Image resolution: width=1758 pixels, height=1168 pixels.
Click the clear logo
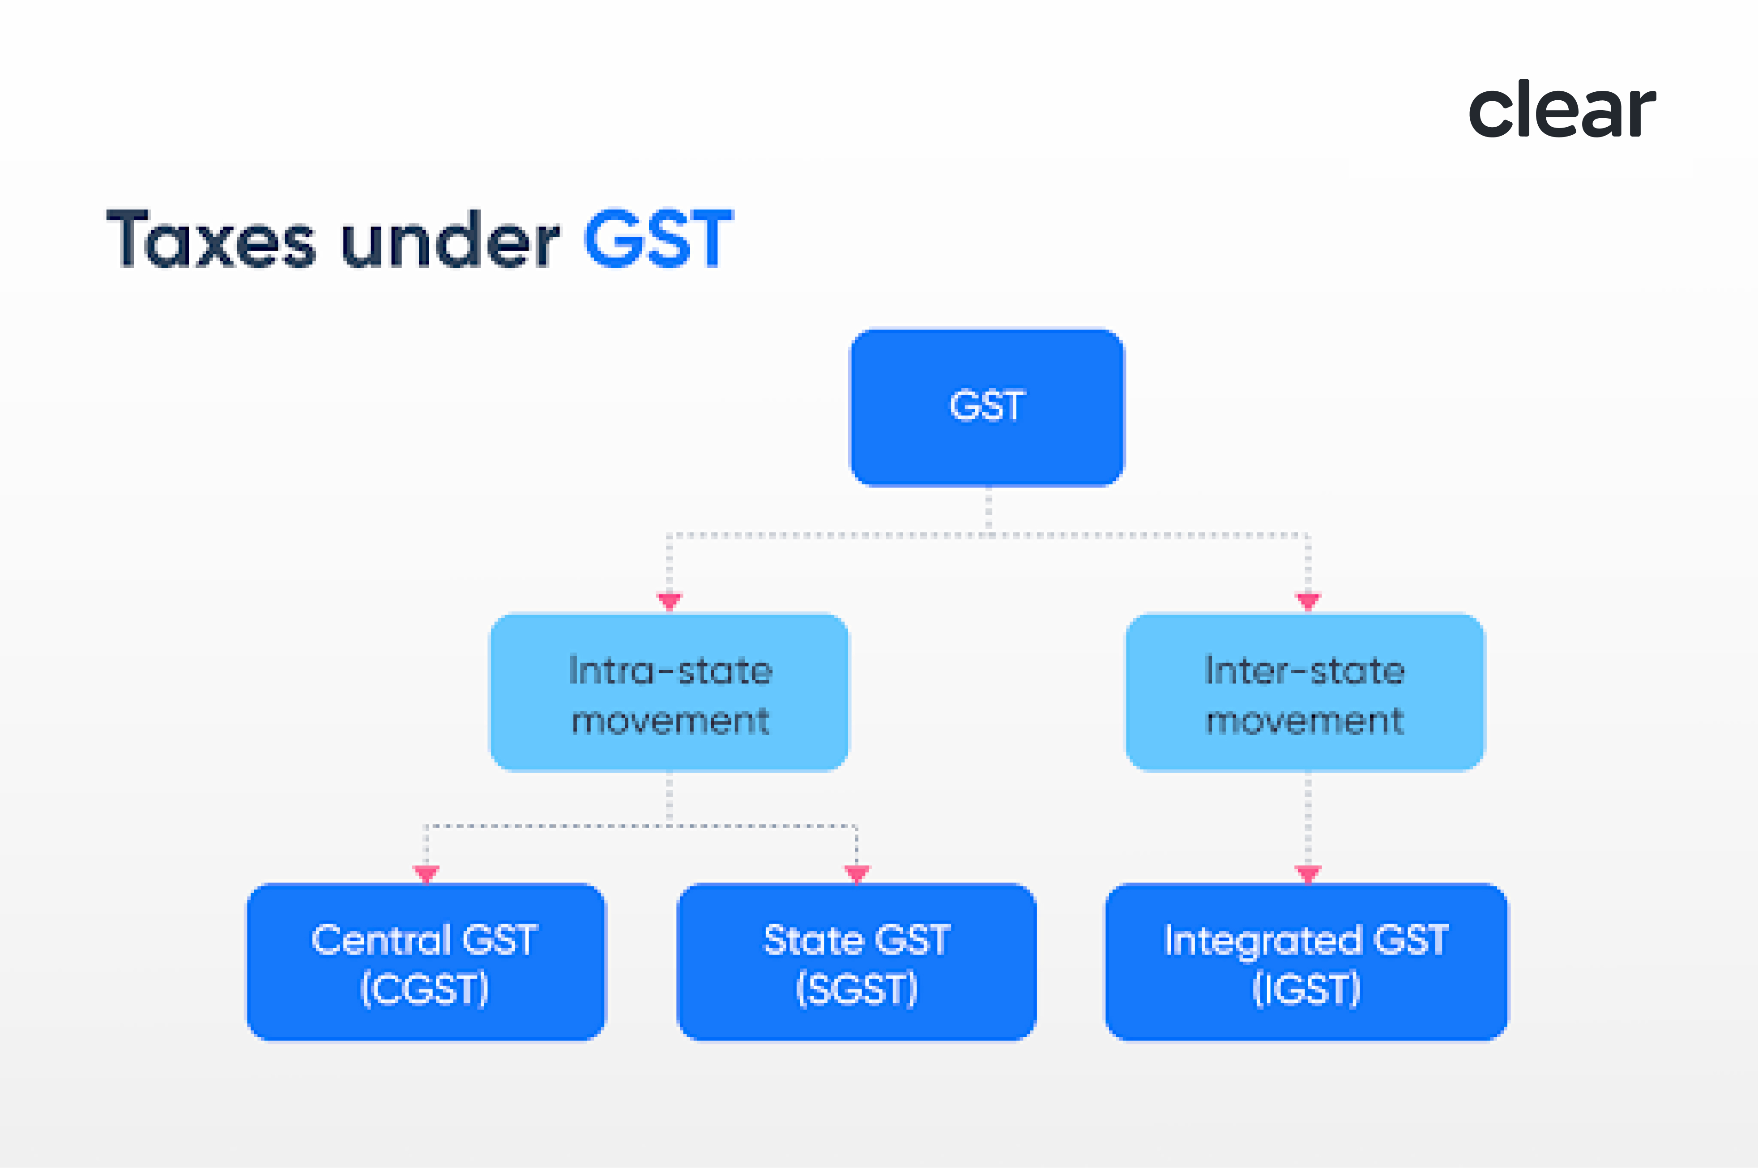(x=1562, y=110)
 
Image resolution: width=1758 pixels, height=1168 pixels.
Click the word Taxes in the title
(x=211, y=240)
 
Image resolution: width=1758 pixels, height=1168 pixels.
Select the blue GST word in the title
(x=658, y=240)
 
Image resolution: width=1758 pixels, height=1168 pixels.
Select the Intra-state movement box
(x=669, y=693)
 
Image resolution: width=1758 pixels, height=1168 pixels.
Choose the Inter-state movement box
(x=1305, y=693)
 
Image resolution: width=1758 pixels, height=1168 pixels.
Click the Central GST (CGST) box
(x=426, y=962)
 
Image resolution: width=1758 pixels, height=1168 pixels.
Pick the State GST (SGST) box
(x=856, y=962)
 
